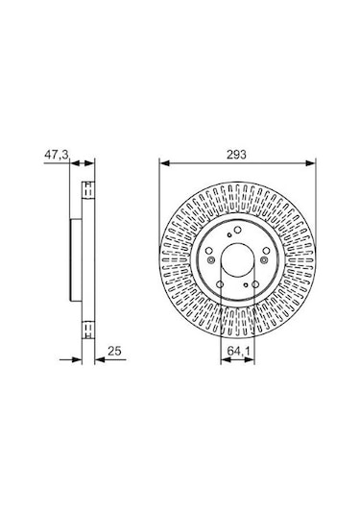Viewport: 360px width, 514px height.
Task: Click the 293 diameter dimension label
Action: [x=236, y=155]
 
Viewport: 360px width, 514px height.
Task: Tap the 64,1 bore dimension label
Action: [x=238, y=351]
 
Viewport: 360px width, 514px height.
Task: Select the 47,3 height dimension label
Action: [x=57, y=155]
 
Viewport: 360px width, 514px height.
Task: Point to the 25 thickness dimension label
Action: [x=114, y=351]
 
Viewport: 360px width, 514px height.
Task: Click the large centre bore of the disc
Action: [x=237, y=260]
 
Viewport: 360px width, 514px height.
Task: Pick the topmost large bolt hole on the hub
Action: [x=238, y=230]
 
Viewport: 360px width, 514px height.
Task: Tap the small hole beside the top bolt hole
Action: [x=229, y=234]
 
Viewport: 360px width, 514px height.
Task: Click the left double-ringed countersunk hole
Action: [x=210, y=260]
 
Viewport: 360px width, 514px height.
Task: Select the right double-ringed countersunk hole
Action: [x=264, y=260]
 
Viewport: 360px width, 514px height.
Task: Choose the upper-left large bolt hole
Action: [x=208, y=251]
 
